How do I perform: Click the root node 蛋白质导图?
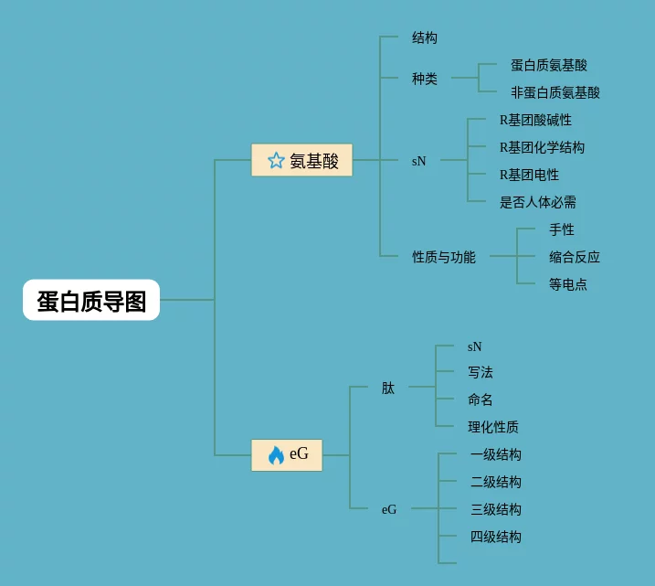point(91,301)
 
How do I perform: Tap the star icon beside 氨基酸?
point(276,161)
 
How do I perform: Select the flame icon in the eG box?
point(276,454)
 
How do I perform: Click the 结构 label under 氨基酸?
point(425,38)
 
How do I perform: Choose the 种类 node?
point(425,79)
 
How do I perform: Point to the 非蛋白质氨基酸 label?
point(555,92)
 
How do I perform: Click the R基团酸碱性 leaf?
point(535,120)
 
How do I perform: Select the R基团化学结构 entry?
point(542,147)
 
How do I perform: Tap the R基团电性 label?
point(529,175)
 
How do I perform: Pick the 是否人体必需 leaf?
point(538,202)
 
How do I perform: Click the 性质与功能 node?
point(444,257)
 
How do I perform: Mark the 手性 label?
point(562,229)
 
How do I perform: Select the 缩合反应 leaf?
point(575,257)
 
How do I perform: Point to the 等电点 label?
point(568,284)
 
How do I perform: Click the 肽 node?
point(388,388)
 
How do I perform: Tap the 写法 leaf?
point(481,372)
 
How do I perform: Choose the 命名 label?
point(481,400)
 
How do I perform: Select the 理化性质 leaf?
point(493,427)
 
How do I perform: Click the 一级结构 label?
point(496,454)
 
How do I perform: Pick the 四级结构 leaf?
point(496,537)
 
